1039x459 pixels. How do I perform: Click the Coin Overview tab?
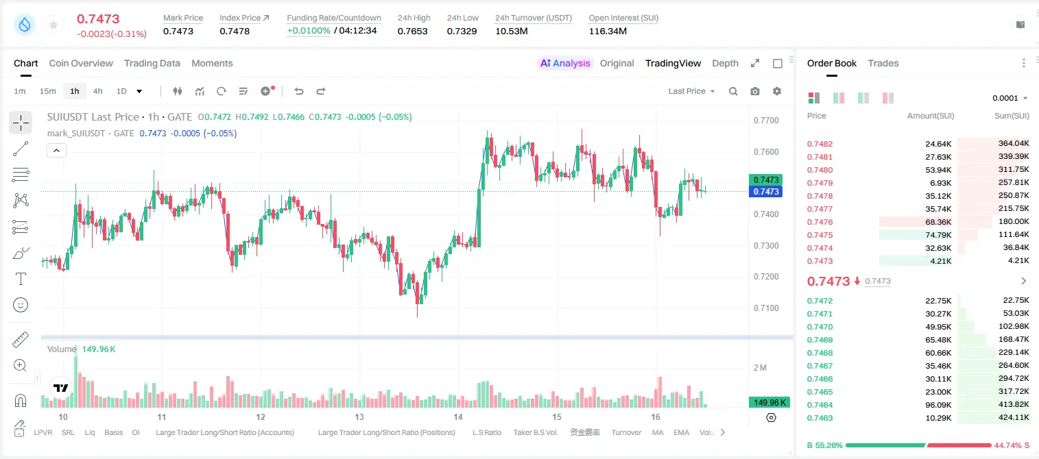click(x=81, y=63)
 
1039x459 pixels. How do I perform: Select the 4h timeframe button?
click(x=97, y=91)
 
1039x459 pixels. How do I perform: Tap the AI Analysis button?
click(x=565, y=63)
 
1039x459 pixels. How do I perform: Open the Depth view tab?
click(x=725, y=63)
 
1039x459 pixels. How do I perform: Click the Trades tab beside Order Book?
click(x=883, y=63)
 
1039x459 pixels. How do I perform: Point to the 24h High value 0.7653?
click(x=412, y=31)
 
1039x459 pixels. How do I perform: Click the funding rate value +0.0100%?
click(x=309, y=31)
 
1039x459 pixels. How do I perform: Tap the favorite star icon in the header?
click(x=53, y=25)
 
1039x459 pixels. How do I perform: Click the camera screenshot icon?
click(x=754, y=91)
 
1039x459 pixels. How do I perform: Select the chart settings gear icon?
click(x=777, y=91)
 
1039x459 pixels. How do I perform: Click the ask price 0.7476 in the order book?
click(x=820, y=222)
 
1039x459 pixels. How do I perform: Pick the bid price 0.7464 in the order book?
click(x=820, y=405)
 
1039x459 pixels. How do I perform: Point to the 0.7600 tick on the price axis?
click(x=766, y=152)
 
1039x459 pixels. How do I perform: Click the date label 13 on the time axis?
click(x=359, y=417)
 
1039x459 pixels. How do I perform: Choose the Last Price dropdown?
click(x=691, y=91)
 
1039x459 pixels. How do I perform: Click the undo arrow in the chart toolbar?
click(x=299, y=91)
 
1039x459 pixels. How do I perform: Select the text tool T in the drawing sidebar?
click(x=21, y=279)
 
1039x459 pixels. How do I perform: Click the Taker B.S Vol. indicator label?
click(x=535, y=432)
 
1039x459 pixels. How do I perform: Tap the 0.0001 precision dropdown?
click(x=1010, y=98)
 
